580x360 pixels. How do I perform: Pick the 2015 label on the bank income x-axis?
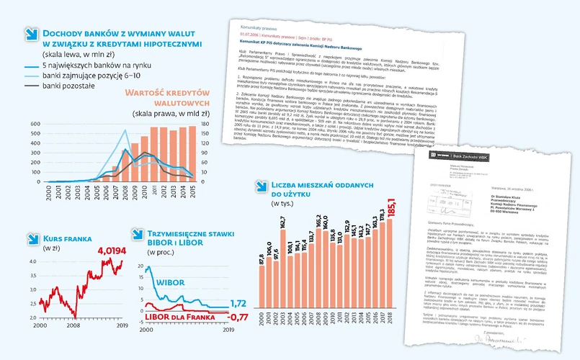coord(192,212)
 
